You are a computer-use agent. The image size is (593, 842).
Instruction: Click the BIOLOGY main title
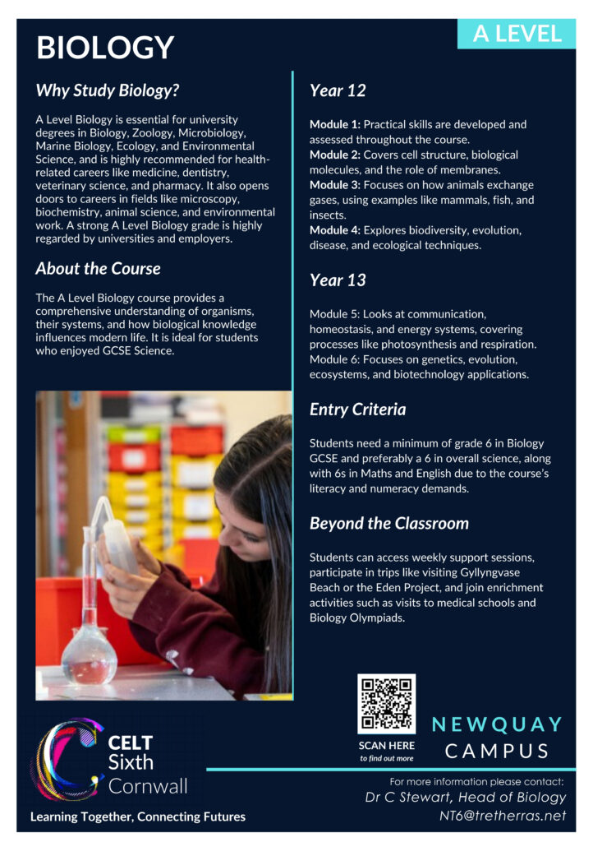[105, 48]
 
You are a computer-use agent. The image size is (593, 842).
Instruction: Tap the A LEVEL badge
[517, 34]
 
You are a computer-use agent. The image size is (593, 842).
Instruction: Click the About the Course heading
[98, 269]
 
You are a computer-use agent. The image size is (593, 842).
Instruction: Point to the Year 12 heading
[338, 90]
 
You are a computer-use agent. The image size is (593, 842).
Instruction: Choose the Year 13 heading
[338, 280]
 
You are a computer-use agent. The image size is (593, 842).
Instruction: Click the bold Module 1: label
[334, 125]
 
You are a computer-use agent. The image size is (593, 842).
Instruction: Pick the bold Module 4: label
[334, 230]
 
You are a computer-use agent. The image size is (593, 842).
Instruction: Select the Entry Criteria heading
[357, 409]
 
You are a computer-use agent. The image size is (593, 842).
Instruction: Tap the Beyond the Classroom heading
[389, 524]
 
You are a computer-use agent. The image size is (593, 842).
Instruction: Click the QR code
[386, 704]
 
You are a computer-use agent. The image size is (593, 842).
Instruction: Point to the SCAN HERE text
[387, 746]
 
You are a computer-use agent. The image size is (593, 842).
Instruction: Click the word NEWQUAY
[498, 724]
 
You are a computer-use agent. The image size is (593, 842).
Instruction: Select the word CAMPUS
[498, 751]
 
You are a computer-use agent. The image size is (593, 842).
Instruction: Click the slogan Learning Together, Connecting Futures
[138, 817]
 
